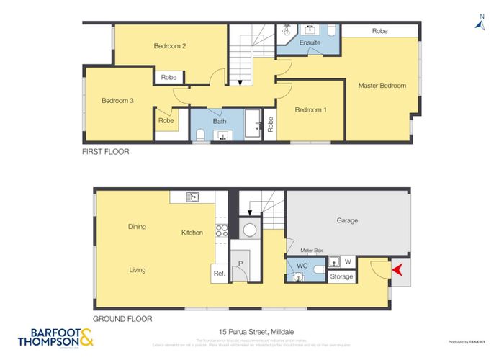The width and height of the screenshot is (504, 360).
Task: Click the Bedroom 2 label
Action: point(170,46)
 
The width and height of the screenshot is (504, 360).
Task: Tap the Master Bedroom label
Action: point(382,86)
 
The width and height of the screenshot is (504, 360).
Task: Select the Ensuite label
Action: point(310,42)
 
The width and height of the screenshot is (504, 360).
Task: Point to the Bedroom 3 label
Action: point(117,101)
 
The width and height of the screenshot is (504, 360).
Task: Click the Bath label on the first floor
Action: point(218,122)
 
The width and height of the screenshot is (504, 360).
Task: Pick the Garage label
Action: point(346,220)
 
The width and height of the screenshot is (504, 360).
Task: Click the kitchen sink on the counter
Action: point(192,197)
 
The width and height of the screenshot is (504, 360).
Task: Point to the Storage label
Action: point(341,276)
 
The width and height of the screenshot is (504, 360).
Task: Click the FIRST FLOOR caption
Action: point(106,152)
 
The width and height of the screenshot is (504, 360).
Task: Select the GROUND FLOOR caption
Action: point(122,318)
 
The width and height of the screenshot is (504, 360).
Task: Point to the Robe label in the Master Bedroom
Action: point(379,31)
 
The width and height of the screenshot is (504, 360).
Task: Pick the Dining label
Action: point(137,227)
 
